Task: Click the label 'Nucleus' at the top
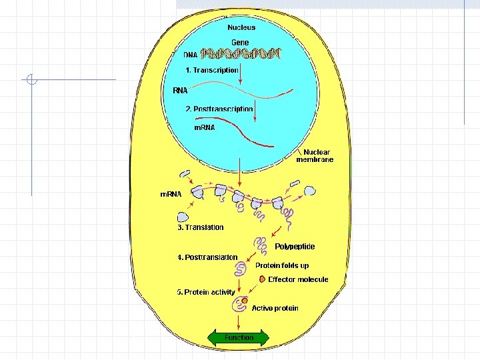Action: click(x=241, y=27)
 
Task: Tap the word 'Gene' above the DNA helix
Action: click(x=240, y=43)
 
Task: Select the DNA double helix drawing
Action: click(x=241, y=54)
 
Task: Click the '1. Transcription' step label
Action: click(x=212, y=69)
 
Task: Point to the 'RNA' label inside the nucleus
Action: click(x=180, y=89)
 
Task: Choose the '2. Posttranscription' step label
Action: click(x=219, y=109)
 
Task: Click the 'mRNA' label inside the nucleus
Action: click(x=204, y=127)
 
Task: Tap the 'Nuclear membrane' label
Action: click(x=315, y=156)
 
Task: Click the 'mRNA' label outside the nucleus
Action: click(x=171, y=194)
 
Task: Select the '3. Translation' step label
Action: click(x=201, y=227)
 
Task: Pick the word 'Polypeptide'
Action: click(x=295, y=247)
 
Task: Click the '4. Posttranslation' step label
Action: click(x=207, y=257)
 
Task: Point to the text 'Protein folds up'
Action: click(x=283, y=265)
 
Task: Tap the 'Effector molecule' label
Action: click(x=298, y=279)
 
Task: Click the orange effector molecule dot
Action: click(x=263, y=279)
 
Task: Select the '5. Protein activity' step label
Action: click(x=206, y=292)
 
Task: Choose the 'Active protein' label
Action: click(x=275, y=308)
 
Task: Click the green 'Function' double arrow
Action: click(x=239, y=337)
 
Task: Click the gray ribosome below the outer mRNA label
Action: click(x=183, y=216)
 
